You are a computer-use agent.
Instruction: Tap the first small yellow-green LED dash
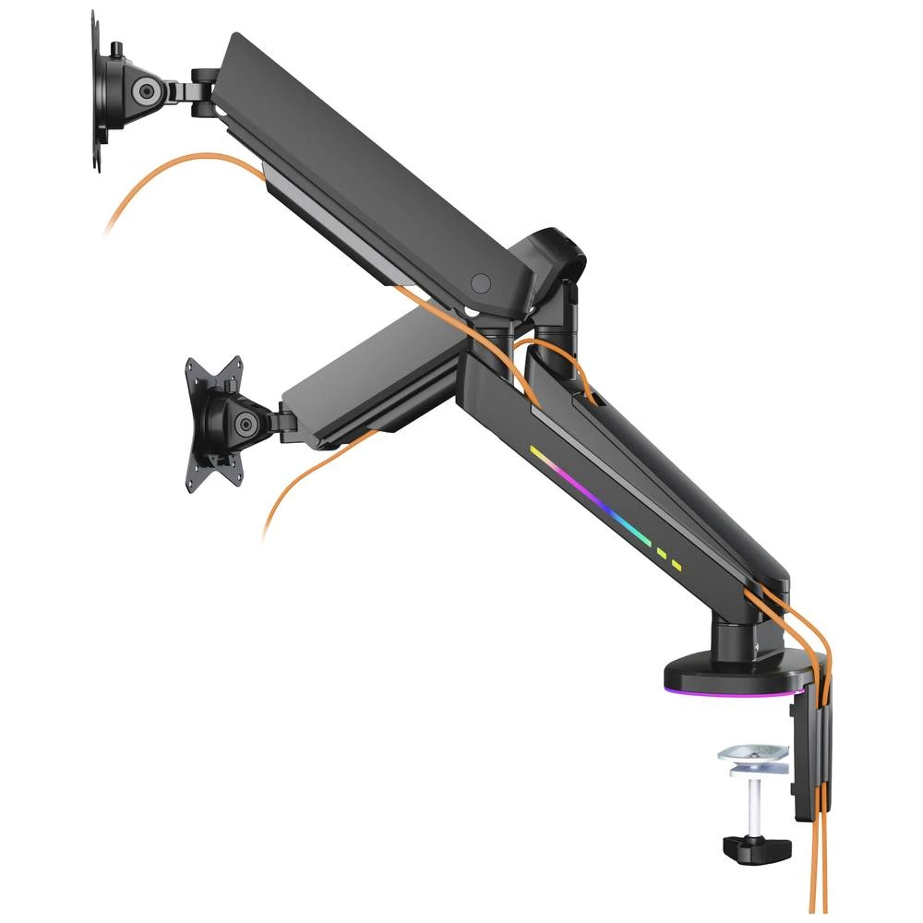point(661,554)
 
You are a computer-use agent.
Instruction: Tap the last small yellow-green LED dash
point(677,564)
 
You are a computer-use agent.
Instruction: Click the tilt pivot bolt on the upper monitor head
point(144,90)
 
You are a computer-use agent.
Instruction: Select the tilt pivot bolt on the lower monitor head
point(245,425)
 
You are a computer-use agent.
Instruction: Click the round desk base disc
point(720,669)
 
